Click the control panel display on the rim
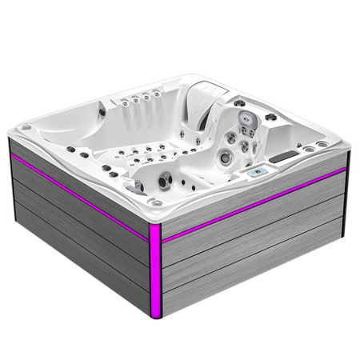(258, 172)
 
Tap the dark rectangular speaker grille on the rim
(282, 157)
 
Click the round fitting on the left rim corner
(26, 127)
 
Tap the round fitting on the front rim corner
(156, 203)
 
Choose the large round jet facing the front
(164, 182)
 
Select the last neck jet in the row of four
(156, 94)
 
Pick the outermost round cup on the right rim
(322, 145)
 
